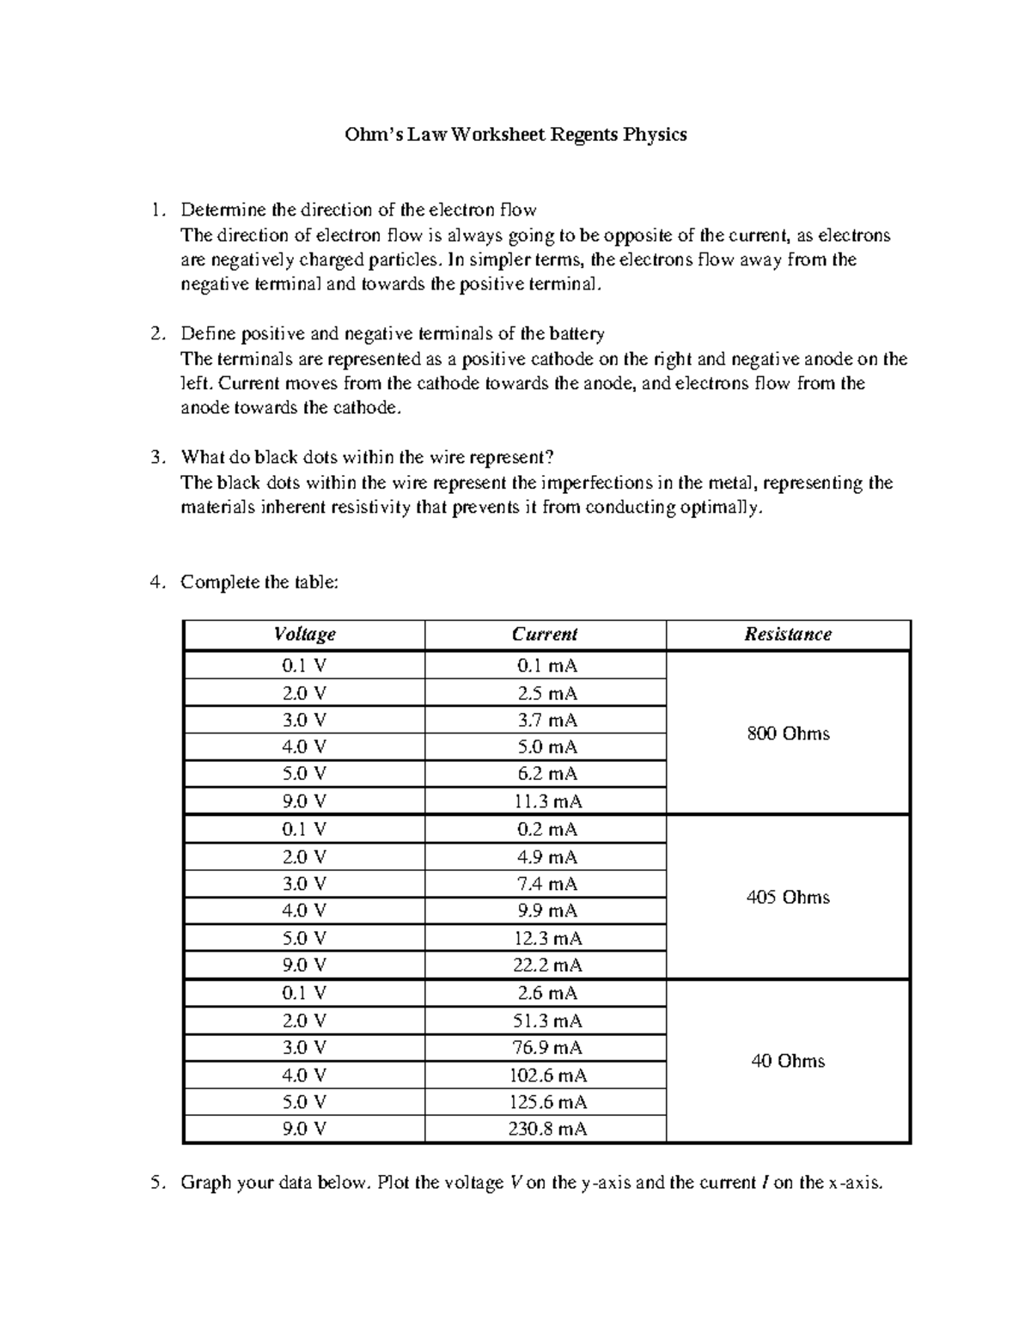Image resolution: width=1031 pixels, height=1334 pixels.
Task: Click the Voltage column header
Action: pyautogui.click(x=304, y=635)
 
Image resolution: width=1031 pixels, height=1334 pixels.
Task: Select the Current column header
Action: pyautogui.click(x=545, y=635)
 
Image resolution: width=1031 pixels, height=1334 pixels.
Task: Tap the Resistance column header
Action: pyautogui.click(x=788, y=635)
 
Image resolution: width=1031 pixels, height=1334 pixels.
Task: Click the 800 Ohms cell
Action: pyautogui.click(x=788, y=734)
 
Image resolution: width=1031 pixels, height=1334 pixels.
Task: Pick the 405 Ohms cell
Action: pyautogui.click(x=788, y=898)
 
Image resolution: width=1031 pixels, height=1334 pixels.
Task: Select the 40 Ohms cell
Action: pyautogui.click(x=788, y=1062)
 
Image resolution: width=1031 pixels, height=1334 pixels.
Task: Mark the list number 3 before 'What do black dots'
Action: pyautogui.click(x=155, y=458)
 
